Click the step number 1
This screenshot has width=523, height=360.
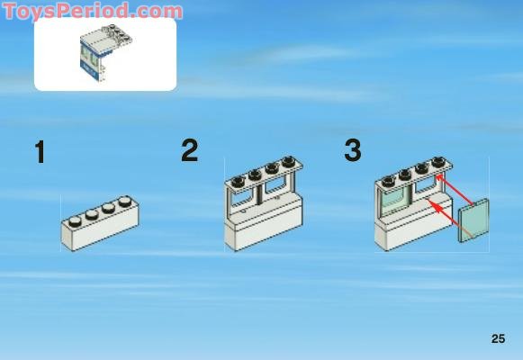pyautogui.click(x=40, y=152)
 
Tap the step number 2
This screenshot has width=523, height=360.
pyautogui.click(x=190, y=150)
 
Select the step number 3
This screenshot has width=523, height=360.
pyautogui.click(x=353, y=150)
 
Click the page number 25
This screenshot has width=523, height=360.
pyautogui.click(x=498, y=338)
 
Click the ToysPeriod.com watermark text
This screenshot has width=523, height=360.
pyautogui.click(x=93, y=11)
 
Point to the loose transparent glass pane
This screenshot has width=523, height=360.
pyautogui.click(x=474, y=220)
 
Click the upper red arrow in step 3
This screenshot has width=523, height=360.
pyautogui.click(x=455, y=190)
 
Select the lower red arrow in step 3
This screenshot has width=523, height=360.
pyautogui.click(x=451, y=219)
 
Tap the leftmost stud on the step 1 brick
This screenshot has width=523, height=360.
pyautogui.click(x=75, y=220)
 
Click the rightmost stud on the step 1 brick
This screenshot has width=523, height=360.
pyautogui.click(x=125, y=201)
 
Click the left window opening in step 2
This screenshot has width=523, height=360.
pyautogui.click(x=243, y=200)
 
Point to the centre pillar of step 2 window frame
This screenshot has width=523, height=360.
pyautogui.click(x=259, y=194)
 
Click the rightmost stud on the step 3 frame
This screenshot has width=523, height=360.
pyautogui.click(x=438, y=163)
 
